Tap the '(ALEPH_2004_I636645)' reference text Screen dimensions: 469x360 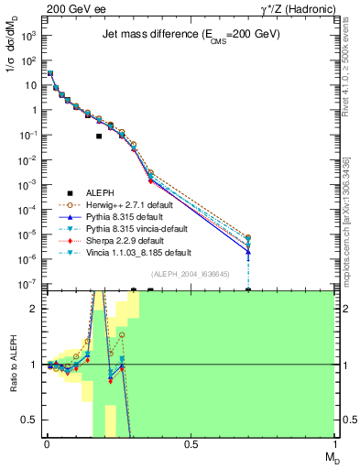point(190,274)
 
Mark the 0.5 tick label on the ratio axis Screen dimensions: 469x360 point(30,420)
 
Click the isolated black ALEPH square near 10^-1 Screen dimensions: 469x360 point(99,136)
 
